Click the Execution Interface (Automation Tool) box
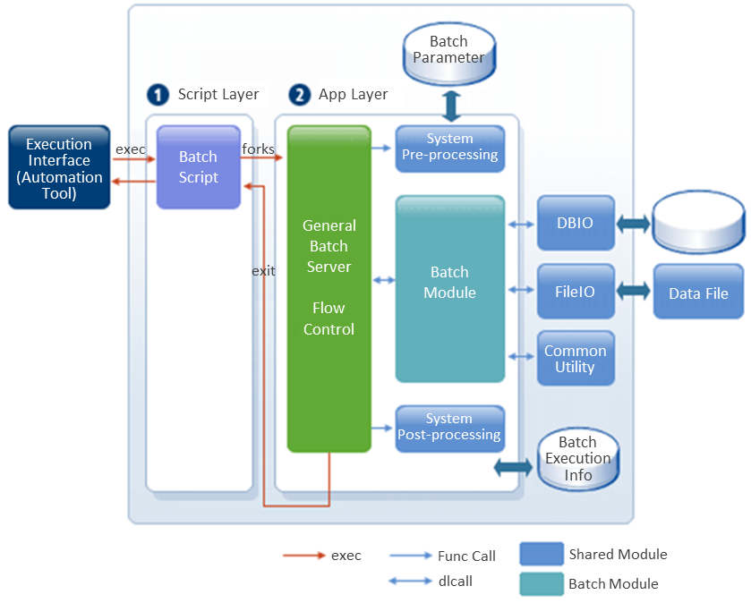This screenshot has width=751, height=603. pyautogui.click(x=59, y=167)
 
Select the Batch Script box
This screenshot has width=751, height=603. pyautogui.click(x=198, y=167)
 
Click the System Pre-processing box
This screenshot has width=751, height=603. pyautogui.click(x=449, y=148)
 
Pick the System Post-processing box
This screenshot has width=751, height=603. pyautogui.click(x=449, y=428)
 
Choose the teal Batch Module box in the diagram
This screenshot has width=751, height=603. pyautogui.click(x=449, y=287)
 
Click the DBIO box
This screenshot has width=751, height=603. pyautogui.click(x=576, y=223)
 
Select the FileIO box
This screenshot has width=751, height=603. pyautogui.click(x=576, y=291)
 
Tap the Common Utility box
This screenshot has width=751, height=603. pyautogui.click(x=576, y=358)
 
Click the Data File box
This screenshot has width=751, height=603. pyautogui.click(x=698, y=293)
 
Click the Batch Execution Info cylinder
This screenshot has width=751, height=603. pyautogui.click(x=577, y=459)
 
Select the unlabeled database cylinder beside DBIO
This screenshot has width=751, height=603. pyautogui.click(x=698, y=224)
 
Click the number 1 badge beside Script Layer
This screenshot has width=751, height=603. pyautogui.click(x=159, y=95)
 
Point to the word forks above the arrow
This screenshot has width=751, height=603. pyautogui.click(x=259, y=149)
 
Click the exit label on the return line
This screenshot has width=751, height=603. pyautogui.click(x=263, y=270)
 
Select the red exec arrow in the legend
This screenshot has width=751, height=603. pyautogui.click(x=303, y=556)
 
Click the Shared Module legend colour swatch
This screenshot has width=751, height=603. pyautogui.click(x=542, y=555)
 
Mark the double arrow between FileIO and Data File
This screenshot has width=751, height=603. pyautogui.click(x=634, y=291)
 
